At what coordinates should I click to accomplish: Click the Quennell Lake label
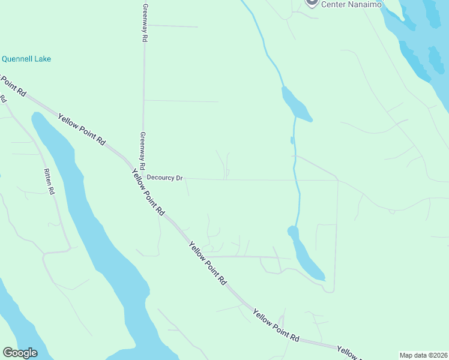(26, 59)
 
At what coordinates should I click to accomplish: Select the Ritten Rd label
(49, 182)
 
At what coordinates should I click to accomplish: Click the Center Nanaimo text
(349, 4)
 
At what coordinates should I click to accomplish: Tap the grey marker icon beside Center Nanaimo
(311, 2)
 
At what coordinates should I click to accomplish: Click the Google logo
(20, 352)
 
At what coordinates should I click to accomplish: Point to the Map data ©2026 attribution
(423, 355)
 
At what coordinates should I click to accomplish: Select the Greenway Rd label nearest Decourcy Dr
(143, 150)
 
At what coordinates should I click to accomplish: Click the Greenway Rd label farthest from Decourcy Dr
(145, 23)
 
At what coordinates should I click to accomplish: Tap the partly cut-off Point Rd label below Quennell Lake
(12, 85)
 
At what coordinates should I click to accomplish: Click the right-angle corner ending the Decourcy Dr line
(337, 180)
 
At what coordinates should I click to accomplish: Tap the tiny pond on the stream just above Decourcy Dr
(292, 140)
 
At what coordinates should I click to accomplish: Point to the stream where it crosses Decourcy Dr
(296, 179)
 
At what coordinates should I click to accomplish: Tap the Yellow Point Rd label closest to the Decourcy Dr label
(148, 191)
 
